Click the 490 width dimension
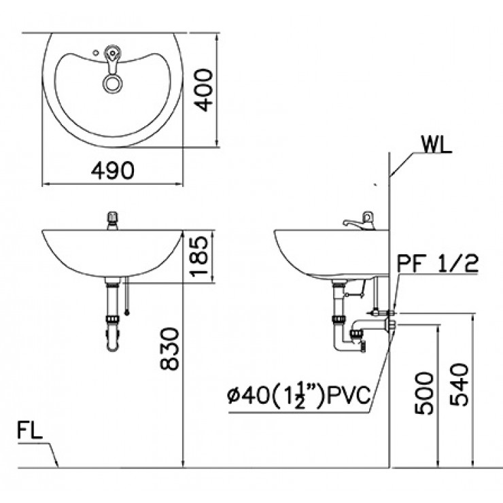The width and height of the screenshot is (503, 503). tap(114, 171)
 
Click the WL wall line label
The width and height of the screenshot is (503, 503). tap(435, 145)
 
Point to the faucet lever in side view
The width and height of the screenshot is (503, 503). tap(353, 222)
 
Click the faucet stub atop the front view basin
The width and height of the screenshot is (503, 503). tap(111, 220)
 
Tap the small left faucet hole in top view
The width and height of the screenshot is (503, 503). tap(94, 51)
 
